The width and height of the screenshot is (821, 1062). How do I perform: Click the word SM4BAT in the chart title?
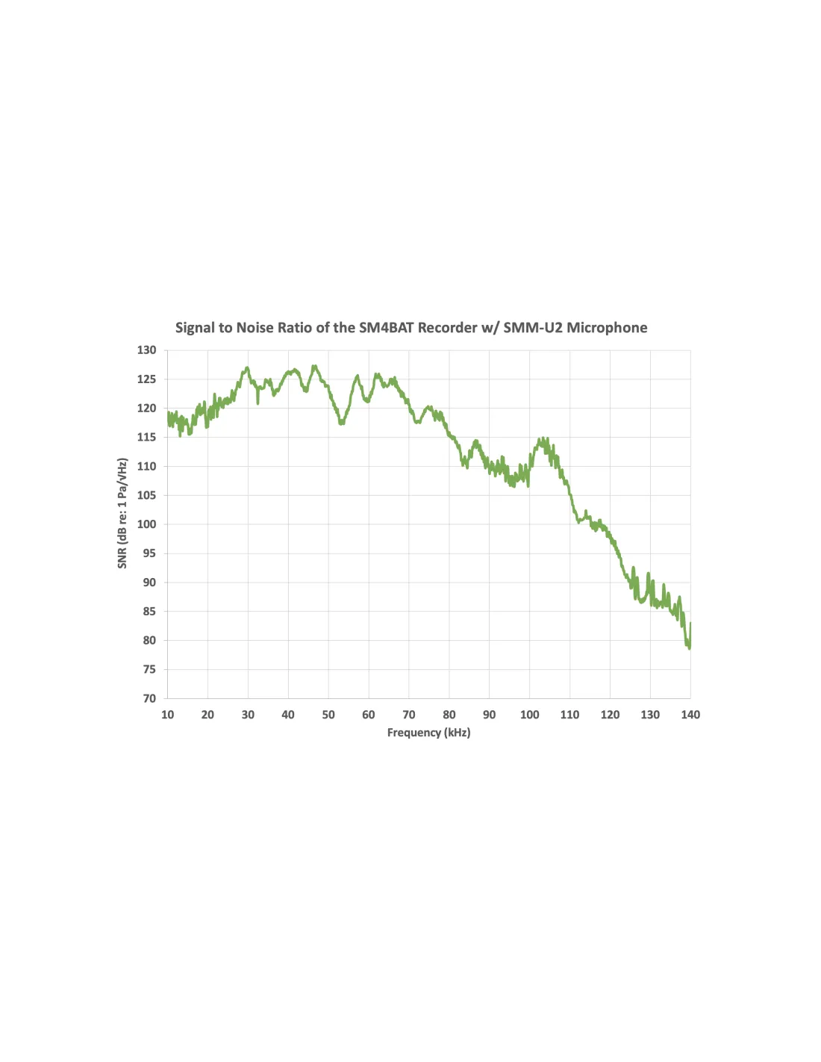(x=386, y=328)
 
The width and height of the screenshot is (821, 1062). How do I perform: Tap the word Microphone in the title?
(x=607, y=328)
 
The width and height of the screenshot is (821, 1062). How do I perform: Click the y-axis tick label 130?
(x=147, y=350)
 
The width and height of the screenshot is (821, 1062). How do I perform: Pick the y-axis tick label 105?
(x=147, y=495)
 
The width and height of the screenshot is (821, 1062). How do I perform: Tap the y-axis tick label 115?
(x=147, y=438)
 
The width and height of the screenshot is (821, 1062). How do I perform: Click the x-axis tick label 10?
(x=167, y=715)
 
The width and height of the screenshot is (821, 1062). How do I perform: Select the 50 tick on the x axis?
(x=328, y=715)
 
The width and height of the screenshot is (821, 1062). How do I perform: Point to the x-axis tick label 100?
(x=529, y=715)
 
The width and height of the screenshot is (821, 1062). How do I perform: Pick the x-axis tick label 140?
(x=690, y=715)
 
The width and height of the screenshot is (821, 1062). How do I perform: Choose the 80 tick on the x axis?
(x=449, y=715)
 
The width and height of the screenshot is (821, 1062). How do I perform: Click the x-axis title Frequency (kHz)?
(x=428, y=733)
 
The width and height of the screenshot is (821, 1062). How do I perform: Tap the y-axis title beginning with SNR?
(x=122, y=513)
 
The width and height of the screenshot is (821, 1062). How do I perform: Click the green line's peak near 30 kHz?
(x=247, y=367)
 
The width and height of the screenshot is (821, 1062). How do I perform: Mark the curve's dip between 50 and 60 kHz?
(x=342, y=423)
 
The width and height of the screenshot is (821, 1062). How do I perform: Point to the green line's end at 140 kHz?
(x=690, y=624)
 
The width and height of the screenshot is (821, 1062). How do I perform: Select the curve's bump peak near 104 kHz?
(x=544, y=440)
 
